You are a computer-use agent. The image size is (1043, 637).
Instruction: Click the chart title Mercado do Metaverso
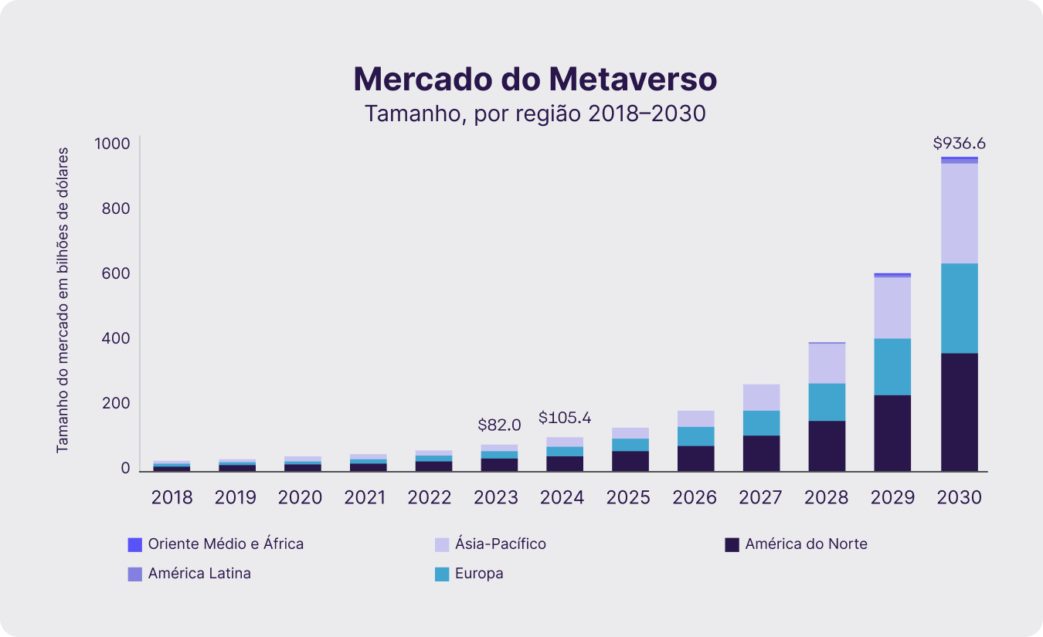point(535,80)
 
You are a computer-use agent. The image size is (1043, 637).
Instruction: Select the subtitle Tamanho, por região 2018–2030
point(535,114)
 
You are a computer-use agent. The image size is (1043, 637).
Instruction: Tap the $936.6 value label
point(959,143)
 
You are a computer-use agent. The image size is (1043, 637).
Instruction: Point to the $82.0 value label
point(499,425)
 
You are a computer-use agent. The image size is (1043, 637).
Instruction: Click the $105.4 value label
point(564,418)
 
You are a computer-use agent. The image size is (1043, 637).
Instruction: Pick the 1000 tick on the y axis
point(112,144)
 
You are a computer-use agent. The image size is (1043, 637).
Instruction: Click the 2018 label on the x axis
point(172,497)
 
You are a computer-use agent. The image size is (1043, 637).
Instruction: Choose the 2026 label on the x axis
point(694,497)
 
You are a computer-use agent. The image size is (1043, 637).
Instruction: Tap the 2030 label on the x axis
point(959,497)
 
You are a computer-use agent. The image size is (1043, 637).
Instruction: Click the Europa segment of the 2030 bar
point(959,308)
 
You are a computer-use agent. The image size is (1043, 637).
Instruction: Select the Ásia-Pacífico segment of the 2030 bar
point(959,213)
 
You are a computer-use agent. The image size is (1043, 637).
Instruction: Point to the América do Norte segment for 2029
point(892,432)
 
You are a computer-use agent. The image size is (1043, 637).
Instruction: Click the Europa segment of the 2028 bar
point(827,402)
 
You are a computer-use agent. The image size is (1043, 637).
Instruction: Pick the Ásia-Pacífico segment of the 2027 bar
point(761,397)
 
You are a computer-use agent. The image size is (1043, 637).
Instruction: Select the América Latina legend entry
point(199,574)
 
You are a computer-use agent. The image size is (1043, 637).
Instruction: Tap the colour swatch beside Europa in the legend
point(442,574)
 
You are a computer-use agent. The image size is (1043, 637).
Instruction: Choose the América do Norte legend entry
point(806,544)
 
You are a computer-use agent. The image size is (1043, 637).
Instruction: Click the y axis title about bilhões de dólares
point(63,300)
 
